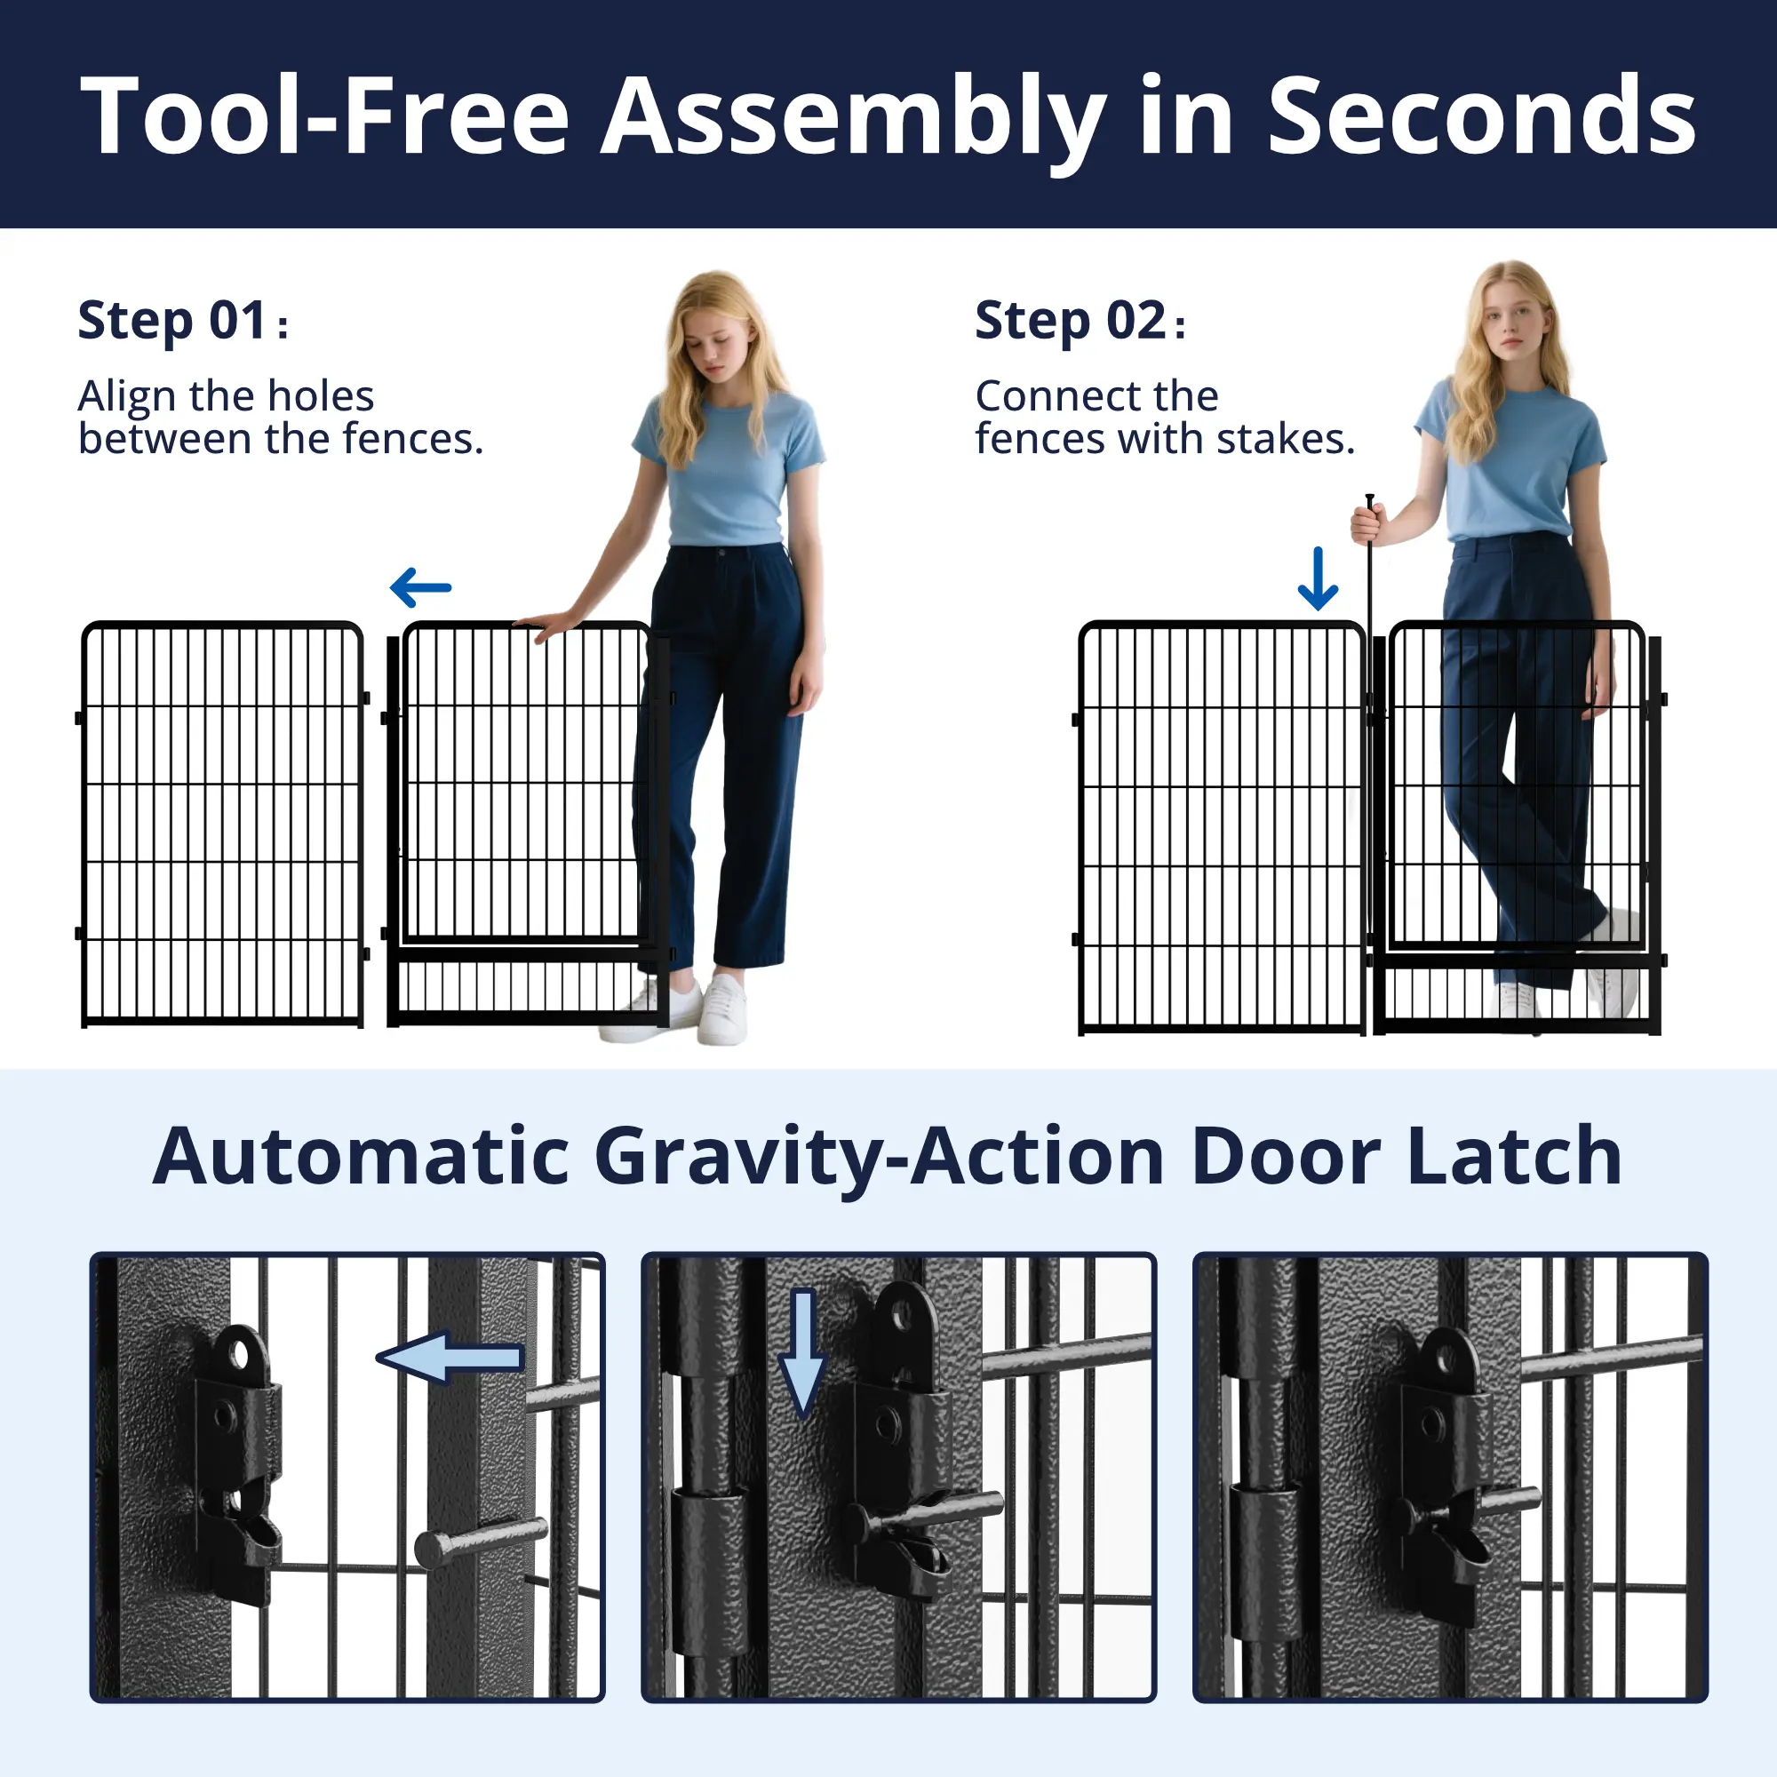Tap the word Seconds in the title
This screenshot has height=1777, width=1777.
(1482, 116)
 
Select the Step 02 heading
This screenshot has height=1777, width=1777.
(1080, 321)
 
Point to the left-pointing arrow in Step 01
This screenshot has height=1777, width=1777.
(421, 587)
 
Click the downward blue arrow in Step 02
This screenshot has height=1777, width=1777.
(1318, 578)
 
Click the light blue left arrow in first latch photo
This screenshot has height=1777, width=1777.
(450, 1357)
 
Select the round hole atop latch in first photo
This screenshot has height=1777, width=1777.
(242, 1353)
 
